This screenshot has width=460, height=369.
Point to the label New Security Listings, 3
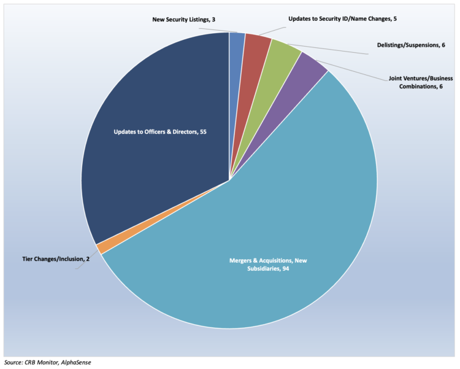click(183, 20)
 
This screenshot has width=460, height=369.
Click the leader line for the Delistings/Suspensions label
click(331, 49)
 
